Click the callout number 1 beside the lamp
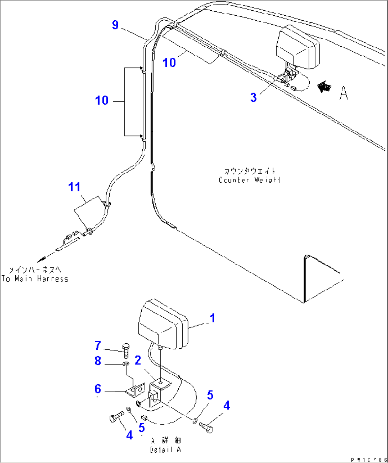pyautogui.click(x=213, y=318)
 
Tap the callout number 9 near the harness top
pyautogui.click(x=115, y=25)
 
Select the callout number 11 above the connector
pyautogui.click(x=74, y=187)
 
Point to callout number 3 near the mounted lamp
pyautogui.click(x=253, y=97)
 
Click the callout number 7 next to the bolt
pyautogui.click(x=98, y=345)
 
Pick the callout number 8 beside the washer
pyautogui.click(x=98, y=361)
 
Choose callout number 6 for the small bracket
pyautogui.click(x=98, y=389)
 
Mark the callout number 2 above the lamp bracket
pyautogui.click(x=138, y=360)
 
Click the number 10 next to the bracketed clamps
pyautogui.click(x=102, y=100)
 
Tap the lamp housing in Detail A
pyautogui.click(x=162, y=324)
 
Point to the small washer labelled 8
pyautogui.click(x=126, y=364)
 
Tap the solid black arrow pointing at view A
pyautogui.click(x=324, y=87)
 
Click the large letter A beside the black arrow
pyautogui.click(x=344, y=93)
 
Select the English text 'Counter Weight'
pyautogui.click(x=249, y=180)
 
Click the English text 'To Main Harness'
pyautogui.click(x=35, y=279)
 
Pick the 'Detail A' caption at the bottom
pyautogui.click(x=166, y=450)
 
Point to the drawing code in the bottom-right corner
pyautogui.click(x=368, y=460)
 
